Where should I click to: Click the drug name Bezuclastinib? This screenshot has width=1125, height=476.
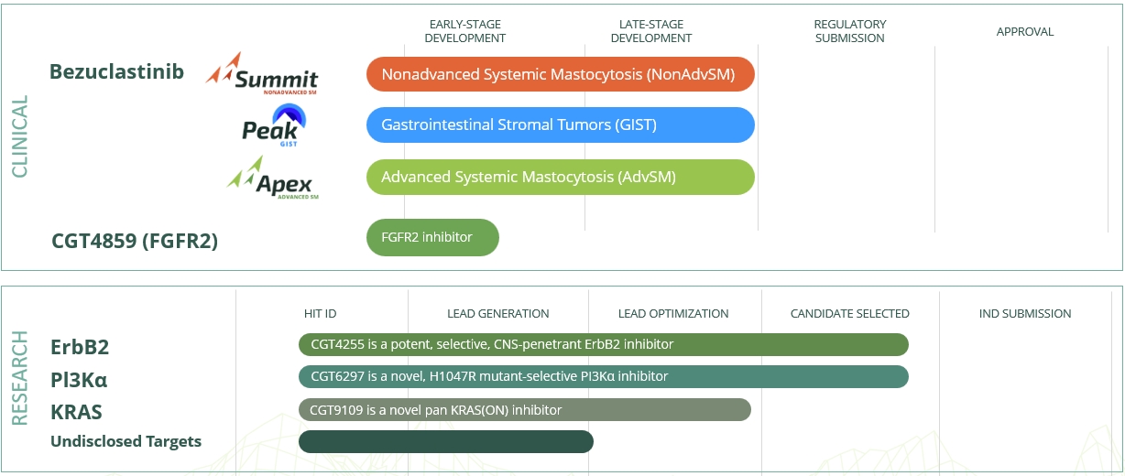point(116,71)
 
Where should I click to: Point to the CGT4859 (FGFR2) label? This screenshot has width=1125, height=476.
point(135,242)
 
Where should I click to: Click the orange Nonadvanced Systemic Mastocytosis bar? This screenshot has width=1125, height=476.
point(560,74)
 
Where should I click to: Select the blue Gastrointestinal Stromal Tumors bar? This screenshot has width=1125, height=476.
point(560,124)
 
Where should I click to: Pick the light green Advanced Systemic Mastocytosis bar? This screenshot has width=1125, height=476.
point(560,177)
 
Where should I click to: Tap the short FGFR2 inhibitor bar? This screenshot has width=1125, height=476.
point(432,237)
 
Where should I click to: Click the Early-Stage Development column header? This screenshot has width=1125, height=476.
point(465,31)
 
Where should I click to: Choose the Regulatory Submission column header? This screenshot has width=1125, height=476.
point(849,31)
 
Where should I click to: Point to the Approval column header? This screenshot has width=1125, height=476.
point(1025,32)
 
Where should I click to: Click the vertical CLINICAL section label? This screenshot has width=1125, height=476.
point(20,136)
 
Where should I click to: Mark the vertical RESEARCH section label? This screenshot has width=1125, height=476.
point(20,378)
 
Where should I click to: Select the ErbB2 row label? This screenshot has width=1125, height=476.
point(80,347)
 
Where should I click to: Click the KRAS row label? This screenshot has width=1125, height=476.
point(76,412)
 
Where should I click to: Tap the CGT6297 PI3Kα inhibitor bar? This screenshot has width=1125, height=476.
point(603,376)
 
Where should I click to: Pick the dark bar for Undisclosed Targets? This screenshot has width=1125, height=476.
point(445,441)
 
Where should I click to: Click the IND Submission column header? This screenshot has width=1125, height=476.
point(1025,313)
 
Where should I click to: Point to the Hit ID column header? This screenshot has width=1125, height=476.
point(321,313)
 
